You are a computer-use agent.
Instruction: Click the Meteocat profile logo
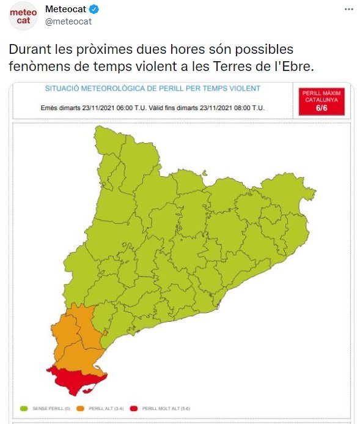click(x=23, y=17)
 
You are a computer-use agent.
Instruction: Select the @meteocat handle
click(x=68, y=21)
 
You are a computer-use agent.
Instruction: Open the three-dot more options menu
click(x=348, y=9)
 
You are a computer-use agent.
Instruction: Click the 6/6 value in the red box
click(x=321, y=107)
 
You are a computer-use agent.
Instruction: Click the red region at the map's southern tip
click(x=76, y=379)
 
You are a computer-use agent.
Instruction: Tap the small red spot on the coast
click(x=105, y=333)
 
